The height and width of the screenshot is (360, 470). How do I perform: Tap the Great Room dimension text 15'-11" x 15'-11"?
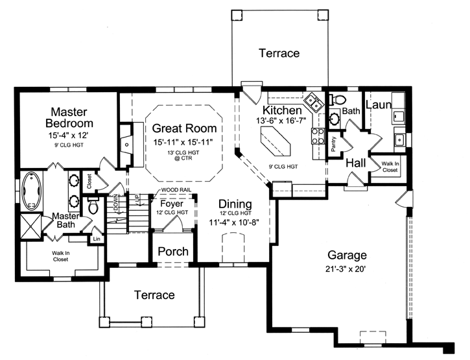183,141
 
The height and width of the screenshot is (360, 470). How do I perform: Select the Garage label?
347,255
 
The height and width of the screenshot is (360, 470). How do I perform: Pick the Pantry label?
333,144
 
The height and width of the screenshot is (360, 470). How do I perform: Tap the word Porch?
173,251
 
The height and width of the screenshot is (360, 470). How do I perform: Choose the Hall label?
357,162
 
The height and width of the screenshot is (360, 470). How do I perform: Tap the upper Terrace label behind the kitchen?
279,53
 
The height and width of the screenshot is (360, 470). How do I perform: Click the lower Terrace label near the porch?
154,295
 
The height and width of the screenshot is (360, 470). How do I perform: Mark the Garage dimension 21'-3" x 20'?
347,269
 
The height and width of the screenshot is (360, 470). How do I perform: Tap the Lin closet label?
97,239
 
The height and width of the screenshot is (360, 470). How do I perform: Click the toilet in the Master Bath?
93,206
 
